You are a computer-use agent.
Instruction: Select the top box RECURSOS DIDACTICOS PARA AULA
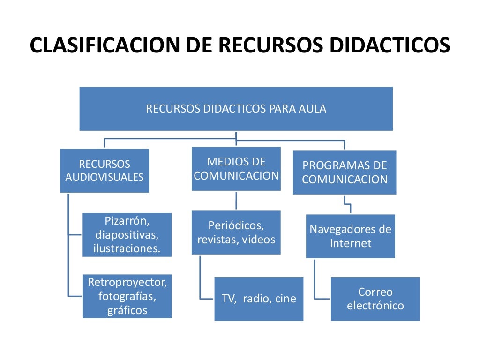click(x=236, y=109)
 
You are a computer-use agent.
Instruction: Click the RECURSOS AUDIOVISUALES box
click(x=105, y=171)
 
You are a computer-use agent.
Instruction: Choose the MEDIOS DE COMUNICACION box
click(x=236, y=169)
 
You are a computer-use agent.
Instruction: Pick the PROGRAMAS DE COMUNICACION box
click(x=345, y=172)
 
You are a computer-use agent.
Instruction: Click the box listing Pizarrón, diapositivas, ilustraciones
click(x=127, y=235)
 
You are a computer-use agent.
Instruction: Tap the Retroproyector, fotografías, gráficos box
click(x=127, y=296)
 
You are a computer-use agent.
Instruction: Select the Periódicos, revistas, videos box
click(x=236, y=232)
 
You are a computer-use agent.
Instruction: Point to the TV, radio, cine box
click(x=259, y=299)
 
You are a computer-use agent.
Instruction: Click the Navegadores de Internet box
click(x=350, y=236)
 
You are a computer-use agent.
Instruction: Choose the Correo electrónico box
click(x=375, y=299)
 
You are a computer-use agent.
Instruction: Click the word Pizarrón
click(x=127, y=221)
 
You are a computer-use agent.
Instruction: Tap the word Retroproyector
click(x=127, y=282)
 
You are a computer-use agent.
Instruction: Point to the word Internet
click(x=350, y=243)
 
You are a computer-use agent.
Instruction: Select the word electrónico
click(x=375, y=306)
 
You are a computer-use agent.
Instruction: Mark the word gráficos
click(x=127, y=310)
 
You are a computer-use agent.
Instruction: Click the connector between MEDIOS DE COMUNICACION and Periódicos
click(x=236, y=200)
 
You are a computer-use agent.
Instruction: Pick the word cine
click(x=285, y=299)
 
